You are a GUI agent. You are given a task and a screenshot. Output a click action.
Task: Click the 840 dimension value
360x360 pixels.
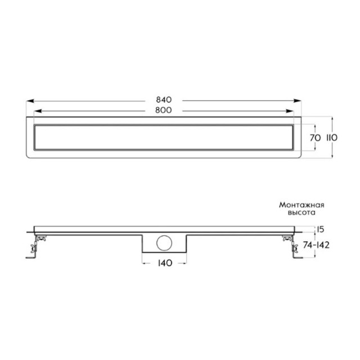tap(164, 100)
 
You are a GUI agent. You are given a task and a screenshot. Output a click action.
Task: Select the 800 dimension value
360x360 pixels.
tap(164, 110)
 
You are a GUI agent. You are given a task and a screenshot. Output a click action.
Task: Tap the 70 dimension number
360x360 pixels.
tap(315, 138)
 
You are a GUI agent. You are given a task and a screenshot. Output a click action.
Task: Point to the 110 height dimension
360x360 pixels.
tap(332, 138)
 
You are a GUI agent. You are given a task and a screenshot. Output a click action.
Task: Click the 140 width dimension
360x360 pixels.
tap(165, 263)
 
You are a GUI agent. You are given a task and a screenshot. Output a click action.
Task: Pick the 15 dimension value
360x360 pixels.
tap(320, 229)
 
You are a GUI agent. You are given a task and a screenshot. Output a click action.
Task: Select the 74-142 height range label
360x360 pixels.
tap(316, 245)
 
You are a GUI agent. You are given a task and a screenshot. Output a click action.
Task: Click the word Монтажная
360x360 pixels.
tap(301, 205)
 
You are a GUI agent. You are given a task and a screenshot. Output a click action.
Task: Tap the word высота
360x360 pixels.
tap(301, 213)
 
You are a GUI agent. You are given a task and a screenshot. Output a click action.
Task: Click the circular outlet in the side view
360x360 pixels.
tap(164, 243)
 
